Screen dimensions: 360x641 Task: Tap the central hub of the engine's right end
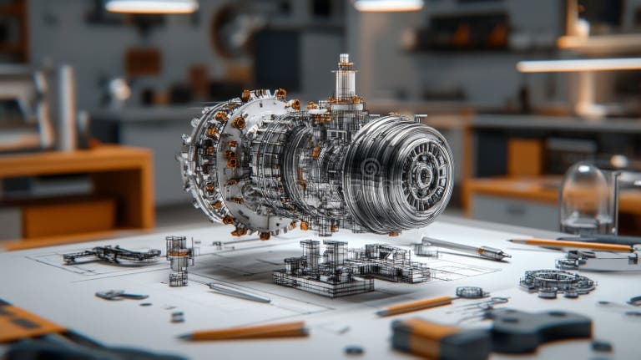click(423, 175)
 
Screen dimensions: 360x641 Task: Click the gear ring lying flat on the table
click(558, 282)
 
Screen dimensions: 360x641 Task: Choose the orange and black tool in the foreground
click(492, 334)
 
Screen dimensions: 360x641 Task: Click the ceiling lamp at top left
click(151, 7)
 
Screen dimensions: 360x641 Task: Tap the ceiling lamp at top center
click(388, 6)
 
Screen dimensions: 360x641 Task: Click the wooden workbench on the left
click(75, 184)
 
